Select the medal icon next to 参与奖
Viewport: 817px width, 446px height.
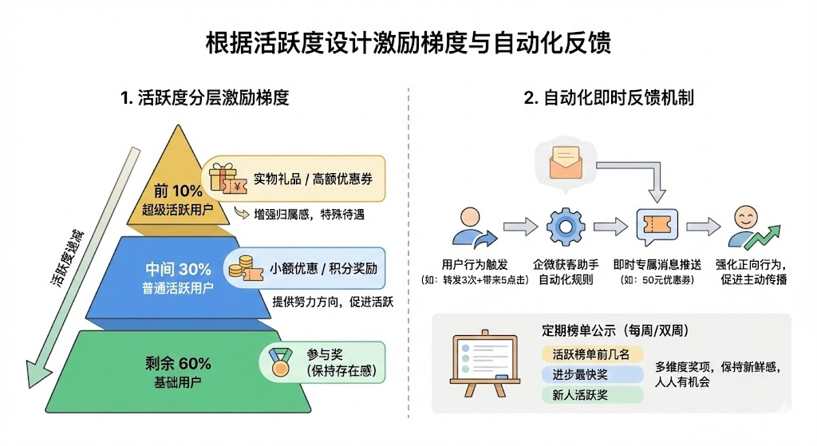[x=279, y=362]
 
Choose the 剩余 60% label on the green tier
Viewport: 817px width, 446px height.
[x=177, y=364]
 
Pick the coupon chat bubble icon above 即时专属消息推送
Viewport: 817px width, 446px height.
[x=657, y=227]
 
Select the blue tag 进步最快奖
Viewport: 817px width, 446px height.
[x=591, y=374]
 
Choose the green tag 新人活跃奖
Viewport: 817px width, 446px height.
[x=591, y=394]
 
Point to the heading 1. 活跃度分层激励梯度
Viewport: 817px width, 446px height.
[x=204, y=98]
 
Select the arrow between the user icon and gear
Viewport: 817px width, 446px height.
[x=520, y=227]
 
